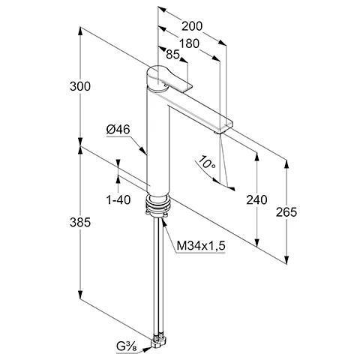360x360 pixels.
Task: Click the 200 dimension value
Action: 192,24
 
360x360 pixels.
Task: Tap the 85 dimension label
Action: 172,55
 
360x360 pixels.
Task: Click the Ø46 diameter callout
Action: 119,130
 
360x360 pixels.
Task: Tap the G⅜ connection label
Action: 125,346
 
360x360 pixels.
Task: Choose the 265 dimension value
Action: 286,211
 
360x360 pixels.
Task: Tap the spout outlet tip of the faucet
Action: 223,127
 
